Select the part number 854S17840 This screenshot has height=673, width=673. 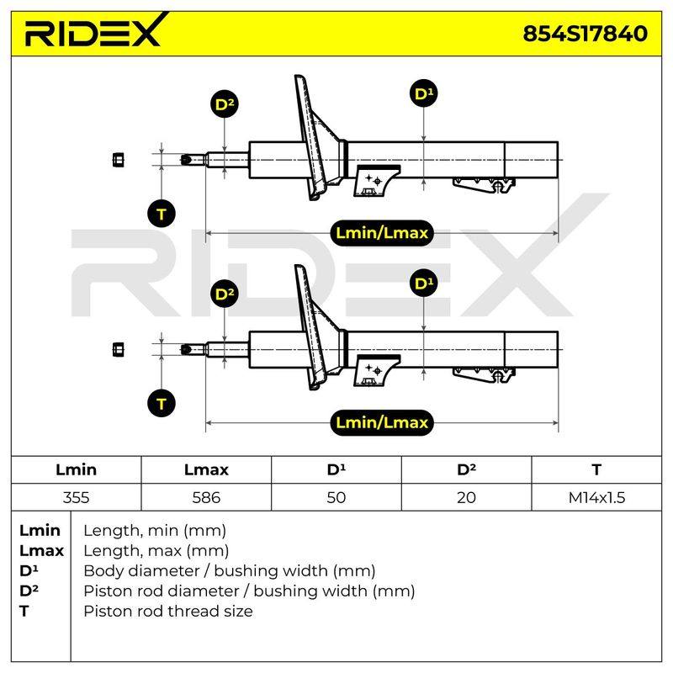click(585, 34)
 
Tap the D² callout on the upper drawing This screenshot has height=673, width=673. click(225, 104)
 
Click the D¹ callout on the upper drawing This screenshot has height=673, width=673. click(424, 93)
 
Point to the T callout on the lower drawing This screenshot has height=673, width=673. click(162, 404)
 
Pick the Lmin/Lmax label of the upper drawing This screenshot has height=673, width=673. click(382, 233)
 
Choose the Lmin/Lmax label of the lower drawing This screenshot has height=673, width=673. click(382, 423)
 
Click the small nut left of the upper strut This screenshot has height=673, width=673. click(118, 160)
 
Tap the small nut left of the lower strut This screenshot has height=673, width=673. click(118, 349)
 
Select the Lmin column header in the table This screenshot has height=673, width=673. click(76, 469)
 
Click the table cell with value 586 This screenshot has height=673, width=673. click(206, 497)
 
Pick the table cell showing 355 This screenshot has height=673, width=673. click(76, 497)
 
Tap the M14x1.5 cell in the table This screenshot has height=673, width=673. click(596, 497)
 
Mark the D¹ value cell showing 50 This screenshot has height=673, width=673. click(336, 497)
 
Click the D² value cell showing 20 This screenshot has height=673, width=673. click(466, 497)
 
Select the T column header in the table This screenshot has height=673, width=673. click(596, 469)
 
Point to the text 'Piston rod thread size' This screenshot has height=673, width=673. click(167, 611)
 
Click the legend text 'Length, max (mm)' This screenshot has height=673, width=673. click(156, 550)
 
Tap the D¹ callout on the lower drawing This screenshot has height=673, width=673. click(424, 284)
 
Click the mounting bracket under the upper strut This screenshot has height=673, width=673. click(376, 181)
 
